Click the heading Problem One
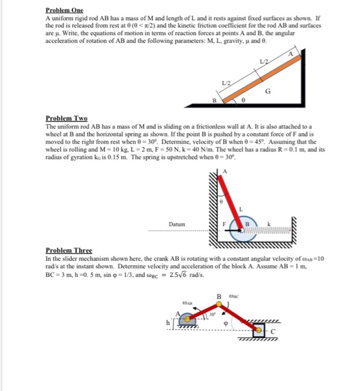point(64,10)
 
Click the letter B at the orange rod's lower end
point(213,101)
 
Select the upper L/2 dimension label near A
point(263,60)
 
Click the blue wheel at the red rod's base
point(241,230)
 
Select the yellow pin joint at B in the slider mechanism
point(219,304)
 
